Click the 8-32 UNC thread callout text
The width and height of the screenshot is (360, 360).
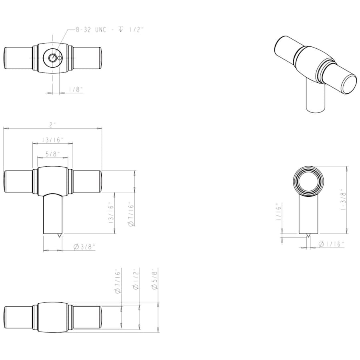[110, 30]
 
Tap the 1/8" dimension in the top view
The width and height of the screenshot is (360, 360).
[76, 89]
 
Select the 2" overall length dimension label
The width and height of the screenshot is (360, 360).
[52, 125]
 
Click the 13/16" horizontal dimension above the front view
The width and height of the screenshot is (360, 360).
[52, 140]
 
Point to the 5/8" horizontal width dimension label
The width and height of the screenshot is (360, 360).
[53, 154]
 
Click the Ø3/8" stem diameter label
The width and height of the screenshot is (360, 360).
[84, 247]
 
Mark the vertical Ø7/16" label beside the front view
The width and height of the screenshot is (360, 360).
[131, 214]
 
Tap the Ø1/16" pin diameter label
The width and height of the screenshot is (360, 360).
[331, 244]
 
